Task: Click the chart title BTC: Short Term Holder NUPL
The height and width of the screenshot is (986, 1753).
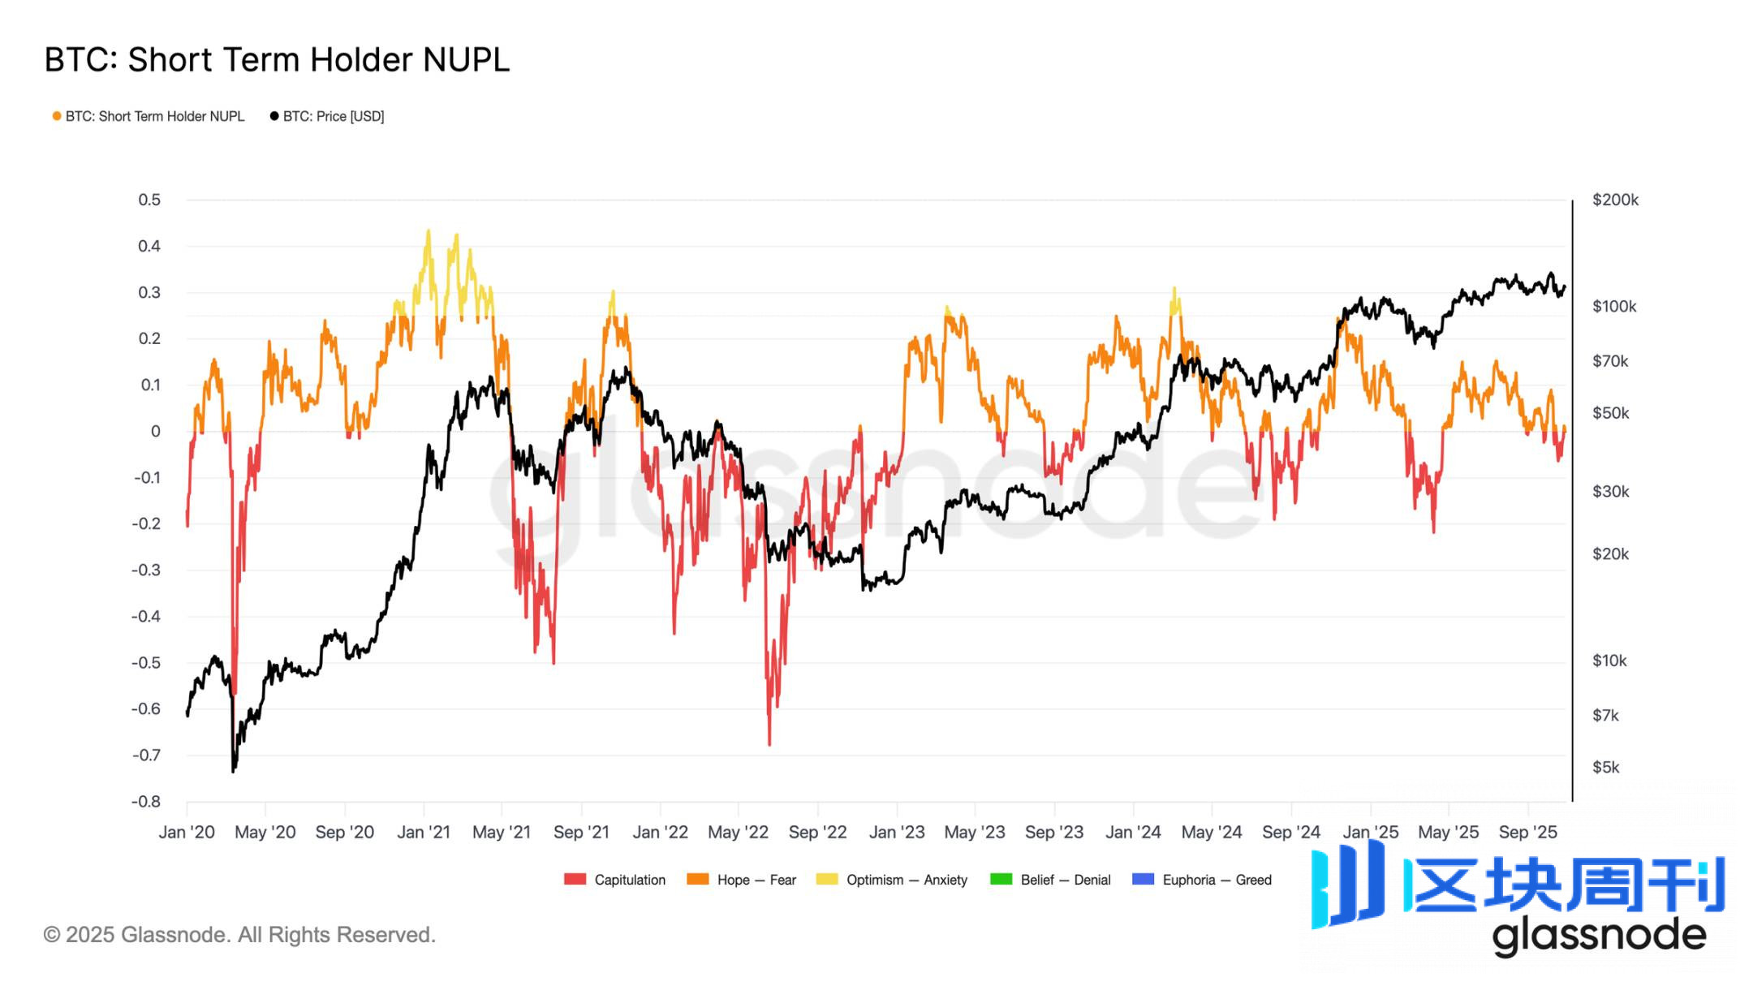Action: click(x=277, y=60)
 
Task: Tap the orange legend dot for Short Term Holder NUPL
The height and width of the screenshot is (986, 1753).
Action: click(x=57, y=117)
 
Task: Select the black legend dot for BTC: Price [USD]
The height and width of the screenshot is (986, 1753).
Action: click(x=274, y=117)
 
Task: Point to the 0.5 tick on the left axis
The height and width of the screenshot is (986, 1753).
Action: click(x=149, y=200)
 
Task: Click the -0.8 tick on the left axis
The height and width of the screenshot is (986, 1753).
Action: click(x=146, y=802)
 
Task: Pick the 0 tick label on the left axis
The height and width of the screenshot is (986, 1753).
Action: click(x=155, y=432)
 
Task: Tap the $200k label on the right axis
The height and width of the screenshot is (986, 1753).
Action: click(x=1615, y=200)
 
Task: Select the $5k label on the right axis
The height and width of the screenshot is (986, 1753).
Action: click(x=1605, y=767)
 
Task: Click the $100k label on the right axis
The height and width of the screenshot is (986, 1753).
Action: click(x=1614, y=307)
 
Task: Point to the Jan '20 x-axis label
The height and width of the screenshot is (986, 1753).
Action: click(x=187, y=833)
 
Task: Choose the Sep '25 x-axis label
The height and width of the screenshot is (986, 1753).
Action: click(x=1528, y=833)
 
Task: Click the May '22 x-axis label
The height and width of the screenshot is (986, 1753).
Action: click(x=738, y=833)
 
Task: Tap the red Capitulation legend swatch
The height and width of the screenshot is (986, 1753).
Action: click(x=575, y=880)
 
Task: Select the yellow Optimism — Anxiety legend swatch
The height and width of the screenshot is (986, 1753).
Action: click(x=827, y=880)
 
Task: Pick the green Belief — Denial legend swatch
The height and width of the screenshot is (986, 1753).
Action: click(x=1001, y=880)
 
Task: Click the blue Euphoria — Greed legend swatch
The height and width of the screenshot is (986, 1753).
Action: click(x=1143, y=880)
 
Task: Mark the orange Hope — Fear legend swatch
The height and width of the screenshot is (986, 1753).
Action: click(x=697, y=880)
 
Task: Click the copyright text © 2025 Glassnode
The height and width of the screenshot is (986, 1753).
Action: click(x=239, y=935)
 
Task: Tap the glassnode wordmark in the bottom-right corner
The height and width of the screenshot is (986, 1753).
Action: click(x=1599, y=936)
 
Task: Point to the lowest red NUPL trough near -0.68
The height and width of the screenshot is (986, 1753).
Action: click(x=769, y=743)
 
